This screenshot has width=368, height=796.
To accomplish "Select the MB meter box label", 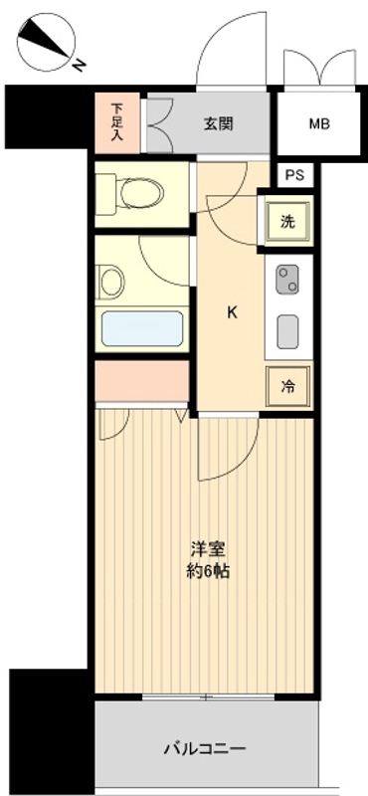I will point(318,124).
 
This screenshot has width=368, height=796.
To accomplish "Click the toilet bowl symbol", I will point(140,192).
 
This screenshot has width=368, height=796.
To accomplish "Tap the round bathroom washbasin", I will point(111,282).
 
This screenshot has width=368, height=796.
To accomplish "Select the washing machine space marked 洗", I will point(286,222).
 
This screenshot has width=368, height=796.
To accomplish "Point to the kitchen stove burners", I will point(287,279).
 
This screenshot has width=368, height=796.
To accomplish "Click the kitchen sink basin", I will point(287,330).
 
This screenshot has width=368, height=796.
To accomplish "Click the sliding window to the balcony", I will point(207,697).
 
